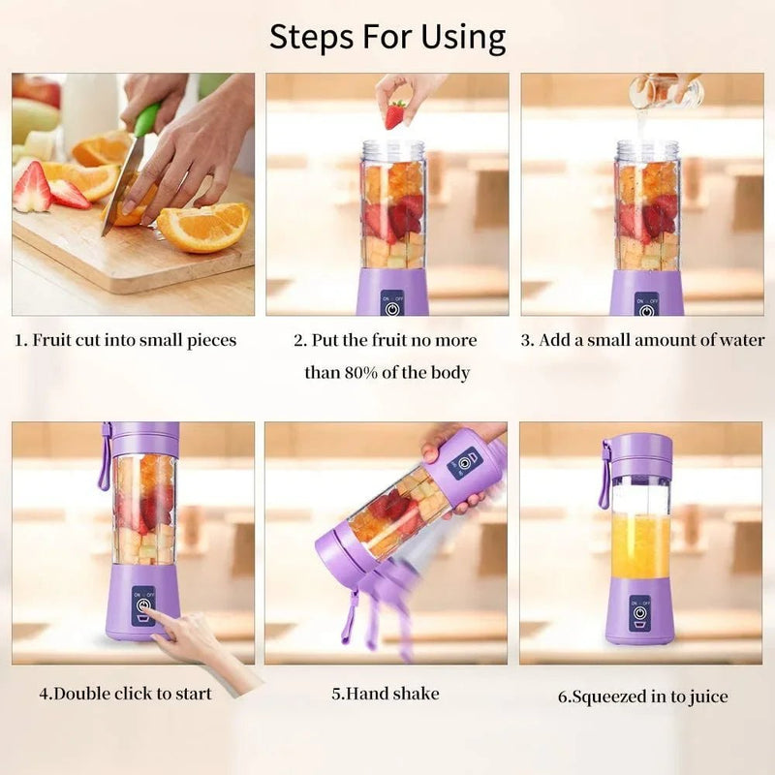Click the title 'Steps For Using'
(x=387, y=37)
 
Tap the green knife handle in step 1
(x=146, y=120)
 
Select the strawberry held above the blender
(x=394, y=115)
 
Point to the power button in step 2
(x=392, y=310)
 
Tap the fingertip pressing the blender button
(x=156, y=616)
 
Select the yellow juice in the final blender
(x=639, y=546)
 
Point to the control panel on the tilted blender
(x=463, y=462)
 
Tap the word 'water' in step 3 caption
(x=739, y=340)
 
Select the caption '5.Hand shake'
(x=386, y=694)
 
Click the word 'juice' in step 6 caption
(x=707, y=696)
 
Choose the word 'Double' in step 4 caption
(x=80, y=694)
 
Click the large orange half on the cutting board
(x=203, y=227)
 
